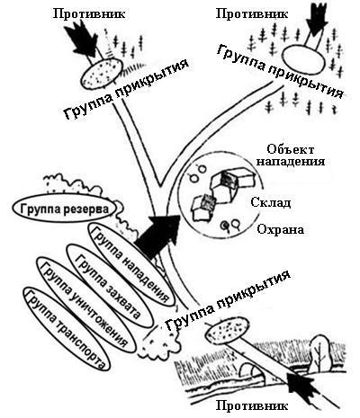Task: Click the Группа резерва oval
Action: click(65, 208)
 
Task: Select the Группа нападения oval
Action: click(131, 264)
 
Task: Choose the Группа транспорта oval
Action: click(67, 329)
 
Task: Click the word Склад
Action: click(271, 203)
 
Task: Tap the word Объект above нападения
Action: click(291, 149)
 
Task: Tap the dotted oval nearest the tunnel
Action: click(228, 330)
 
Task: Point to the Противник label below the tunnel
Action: click(252, 406)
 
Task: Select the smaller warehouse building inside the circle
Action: click(203, 208)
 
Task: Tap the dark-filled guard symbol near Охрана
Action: click(224, 226)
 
